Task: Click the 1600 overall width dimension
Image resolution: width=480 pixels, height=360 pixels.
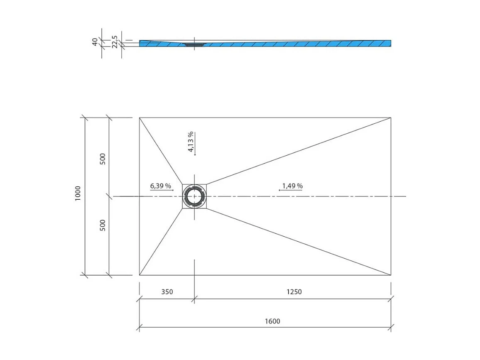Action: (x=272, y=321)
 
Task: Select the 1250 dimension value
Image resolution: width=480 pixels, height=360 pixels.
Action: (x=294, y=291)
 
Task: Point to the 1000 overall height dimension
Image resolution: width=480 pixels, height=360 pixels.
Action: (x=78, y=193)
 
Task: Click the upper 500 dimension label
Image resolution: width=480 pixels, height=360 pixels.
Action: (x=103, y=159)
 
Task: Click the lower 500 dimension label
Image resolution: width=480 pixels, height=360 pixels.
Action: (x=103, y=225)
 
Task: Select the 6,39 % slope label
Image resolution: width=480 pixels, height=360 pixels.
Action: (x=161, y=186)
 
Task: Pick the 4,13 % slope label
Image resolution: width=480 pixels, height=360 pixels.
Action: (x=191, y=142)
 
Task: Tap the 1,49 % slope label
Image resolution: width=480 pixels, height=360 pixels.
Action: (x=292, y=186)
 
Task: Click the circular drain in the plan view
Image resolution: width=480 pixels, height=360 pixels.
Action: (x=194, y=196)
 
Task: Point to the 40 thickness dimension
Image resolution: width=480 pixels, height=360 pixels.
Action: (x=95, y=42)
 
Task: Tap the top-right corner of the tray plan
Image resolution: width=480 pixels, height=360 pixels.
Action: (x=391, y=118)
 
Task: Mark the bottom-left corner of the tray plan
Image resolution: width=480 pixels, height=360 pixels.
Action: (x=140, y=275)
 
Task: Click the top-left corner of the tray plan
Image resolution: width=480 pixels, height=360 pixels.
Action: (x=140, y=118)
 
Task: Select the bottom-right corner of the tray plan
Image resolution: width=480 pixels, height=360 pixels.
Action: (x=391, y=275)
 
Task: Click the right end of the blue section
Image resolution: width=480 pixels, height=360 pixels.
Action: (x=390, y=43)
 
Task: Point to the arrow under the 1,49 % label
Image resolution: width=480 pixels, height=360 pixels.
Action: (x=290, y=190)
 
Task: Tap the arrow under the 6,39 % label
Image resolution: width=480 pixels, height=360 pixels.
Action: (x=162, y=190)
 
